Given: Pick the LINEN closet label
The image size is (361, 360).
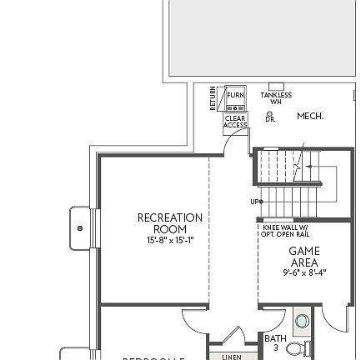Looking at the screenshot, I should [228, 357].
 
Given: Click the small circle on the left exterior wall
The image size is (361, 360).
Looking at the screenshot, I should [79, 226].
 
